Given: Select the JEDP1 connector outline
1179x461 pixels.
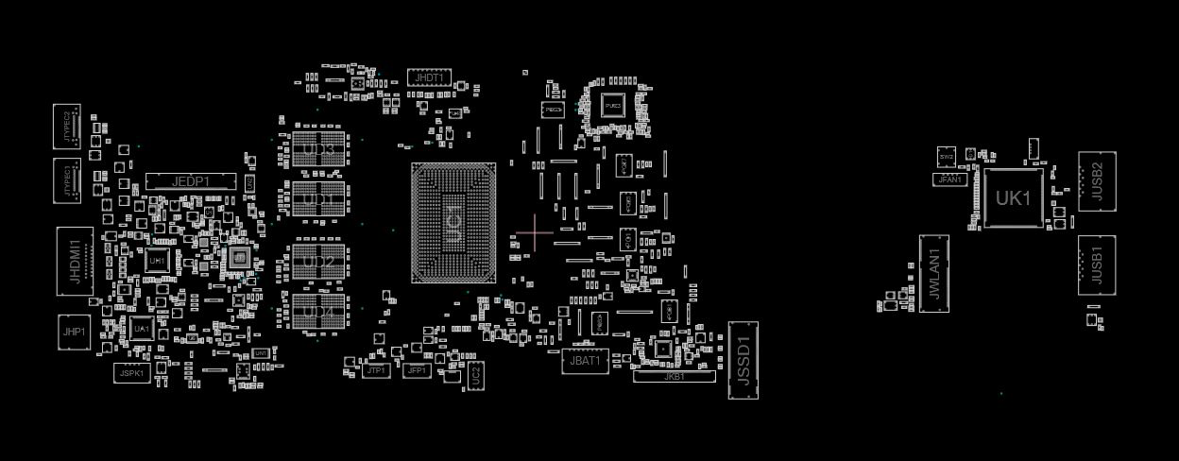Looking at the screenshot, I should tap(191, 181).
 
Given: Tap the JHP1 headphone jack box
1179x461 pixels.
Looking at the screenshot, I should tap(75, 333).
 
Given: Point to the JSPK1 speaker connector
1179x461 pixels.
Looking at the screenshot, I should tap(132, 373).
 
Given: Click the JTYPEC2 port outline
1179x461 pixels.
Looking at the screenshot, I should tap(67, 127).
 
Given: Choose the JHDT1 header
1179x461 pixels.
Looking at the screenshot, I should tap(429, 77).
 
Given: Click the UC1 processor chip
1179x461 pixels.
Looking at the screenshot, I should tap(454, 223).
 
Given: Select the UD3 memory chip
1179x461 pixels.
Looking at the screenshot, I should tap(319, 149).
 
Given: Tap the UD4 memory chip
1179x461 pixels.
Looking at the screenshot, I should tap(319, 312).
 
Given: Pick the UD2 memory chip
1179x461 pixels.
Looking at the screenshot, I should tap(319, 261).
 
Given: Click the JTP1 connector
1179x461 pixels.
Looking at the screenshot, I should tap(376, 371).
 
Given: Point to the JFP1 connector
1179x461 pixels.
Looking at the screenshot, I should tap(417, 371).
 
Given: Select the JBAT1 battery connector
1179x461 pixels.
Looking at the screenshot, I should tap(585, 361).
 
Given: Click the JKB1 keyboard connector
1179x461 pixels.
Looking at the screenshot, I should tap(674, 377).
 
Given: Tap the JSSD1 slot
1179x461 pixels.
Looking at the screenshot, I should tap(743, 360).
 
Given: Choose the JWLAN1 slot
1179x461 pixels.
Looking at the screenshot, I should tap(934, 273).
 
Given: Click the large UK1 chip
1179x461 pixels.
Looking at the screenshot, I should tap(1014, 198).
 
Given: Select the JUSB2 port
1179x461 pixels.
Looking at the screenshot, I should tap(1097, 181).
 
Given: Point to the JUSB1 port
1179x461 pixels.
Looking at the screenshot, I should tap(1097, 265).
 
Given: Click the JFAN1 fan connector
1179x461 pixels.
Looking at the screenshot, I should tap(949, 179).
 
